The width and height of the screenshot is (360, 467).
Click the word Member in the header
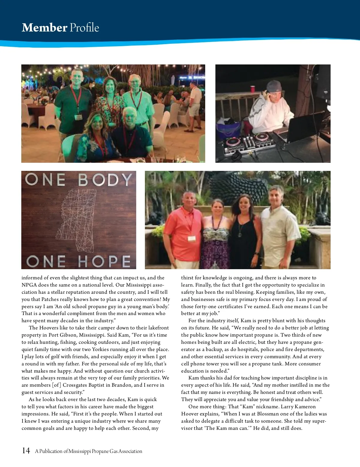[44, 28]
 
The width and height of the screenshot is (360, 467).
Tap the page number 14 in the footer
[26, 451]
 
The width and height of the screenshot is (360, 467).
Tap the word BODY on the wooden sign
[105, 180]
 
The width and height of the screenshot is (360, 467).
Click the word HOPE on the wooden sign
[104, 261]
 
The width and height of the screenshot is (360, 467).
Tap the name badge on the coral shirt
[192, 238]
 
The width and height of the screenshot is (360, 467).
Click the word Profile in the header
[84, 28]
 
